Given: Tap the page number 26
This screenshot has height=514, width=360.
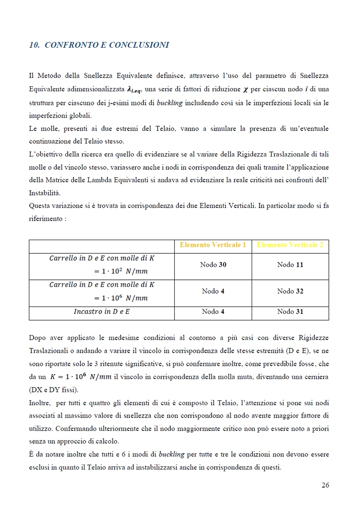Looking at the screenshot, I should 325,485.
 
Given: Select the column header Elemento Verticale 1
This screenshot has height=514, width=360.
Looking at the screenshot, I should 213,245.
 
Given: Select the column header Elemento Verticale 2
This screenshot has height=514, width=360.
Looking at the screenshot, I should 290,245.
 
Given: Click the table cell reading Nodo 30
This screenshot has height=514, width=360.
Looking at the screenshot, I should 213,265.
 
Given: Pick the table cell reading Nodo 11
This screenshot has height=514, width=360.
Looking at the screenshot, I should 290,265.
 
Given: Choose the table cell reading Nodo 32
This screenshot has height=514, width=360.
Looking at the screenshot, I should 290,291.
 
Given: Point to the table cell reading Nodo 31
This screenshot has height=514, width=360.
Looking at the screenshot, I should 290,311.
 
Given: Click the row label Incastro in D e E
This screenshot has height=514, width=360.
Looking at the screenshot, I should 102,311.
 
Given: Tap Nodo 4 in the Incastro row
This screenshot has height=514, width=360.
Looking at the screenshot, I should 213,311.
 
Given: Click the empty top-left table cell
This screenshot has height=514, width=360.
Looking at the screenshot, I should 102,246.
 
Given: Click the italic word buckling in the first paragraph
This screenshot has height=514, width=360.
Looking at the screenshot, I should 170,103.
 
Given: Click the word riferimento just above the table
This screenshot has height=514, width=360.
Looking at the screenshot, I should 45,219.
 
